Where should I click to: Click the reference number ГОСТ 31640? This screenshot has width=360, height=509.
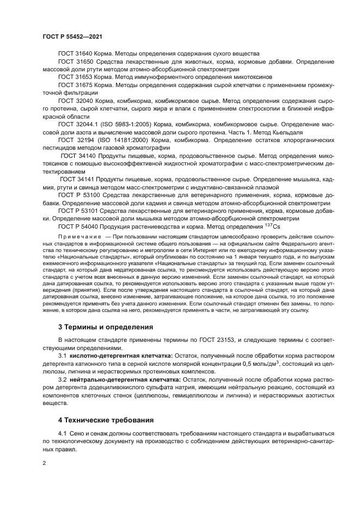point(75,53)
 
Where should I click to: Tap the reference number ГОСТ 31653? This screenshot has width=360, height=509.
point(75,77)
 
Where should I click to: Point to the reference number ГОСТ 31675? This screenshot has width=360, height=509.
point(75,85)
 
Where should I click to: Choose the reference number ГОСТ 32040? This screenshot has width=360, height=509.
point(76,101)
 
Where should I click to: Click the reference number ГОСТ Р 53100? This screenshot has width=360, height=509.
point(79,194)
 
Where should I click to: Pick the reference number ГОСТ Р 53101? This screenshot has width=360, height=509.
point(79,210)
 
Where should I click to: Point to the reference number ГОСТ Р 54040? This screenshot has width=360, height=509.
point(79,226)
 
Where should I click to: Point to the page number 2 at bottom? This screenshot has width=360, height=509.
point(44,462)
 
